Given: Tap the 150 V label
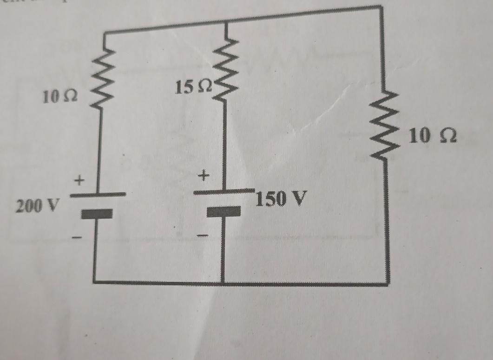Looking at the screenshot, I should click(x=282, y=199).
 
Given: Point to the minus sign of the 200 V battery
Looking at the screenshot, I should click(x=78, y=238).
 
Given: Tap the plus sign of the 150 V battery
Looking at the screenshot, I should click(x=204, y=176).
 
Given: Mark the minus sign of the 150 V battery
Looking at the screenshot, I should click(x=202, y=236).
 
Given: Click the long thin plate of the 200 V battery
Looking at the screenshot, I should click(x=98, y=195).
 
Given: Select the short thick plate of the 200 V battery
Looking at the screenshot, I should click(x=97, y=214).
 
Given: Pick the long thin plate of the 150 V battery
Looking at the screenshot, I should click(x=224, y=192).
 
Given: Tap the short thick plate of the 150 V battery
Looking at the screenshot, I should click(x=224, y=212).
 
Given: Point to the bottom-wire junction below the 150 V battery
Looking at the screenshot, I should click(x=223, y=282).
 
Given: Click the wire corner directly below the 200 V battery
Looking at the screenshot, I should click(x=95, y=281).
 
